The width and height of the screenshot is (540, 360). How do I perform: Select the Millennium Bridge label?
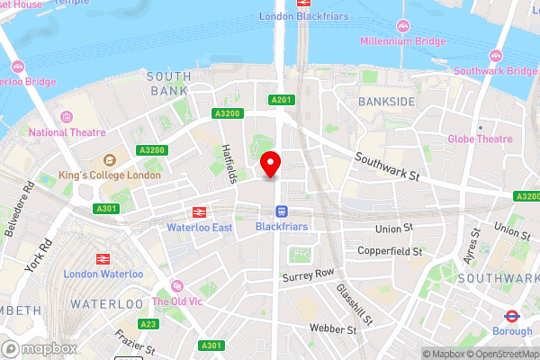pyautogui.click(x=403, y=41)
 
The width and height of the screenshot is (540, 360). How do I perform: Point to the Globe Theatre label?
pyautogui.click(x=481, y=139)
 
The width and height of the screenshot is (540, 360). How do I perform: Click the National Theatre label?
pyautogui.click(x=60, y=132)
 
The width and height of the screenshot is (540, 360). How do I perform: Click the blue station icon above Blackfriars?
pyautogui.click(x=282, y=212)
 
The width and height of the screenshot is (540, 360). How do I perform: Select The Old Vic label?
pyautogui.click(x=176, y=301)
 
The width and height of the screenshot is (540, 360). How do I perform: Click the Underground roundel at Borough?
pyautogui.click(x=510, y=316)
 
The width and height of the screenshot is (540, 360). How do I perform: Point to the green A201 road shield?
pyautogui.click(x=281, y=99)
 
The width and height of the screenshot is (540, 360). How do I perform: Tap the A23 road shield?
pyautogui.click(x=148, y=323)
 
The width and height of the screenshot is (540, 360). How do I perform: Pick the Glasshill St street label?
pyautogui.click(x=355, y=303)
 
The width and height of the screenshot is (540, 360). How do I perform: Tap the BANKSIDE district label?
pyautogui.click(x=386, y=102)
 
